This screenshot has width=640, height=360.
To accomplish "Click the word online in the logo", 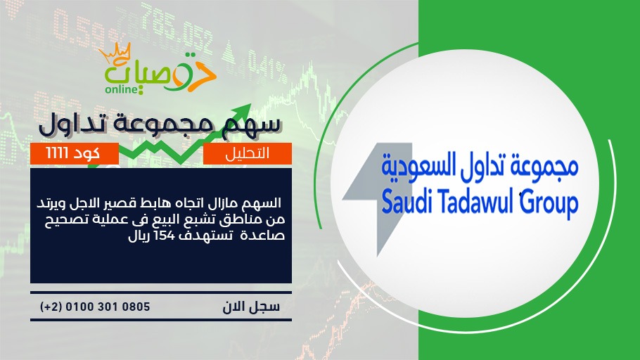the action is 122,89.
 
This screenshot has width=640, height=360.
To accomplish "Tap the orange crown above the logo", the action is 115,53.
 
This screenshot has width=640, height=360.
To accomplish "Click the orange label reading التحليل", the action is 248,153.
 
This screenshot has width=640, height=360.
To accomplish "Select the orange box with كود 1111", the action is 75,153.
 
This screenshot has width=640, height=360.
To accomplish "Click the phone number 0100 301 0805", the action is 108,307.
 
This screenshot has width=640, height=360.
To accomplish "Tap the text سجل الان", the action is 251,307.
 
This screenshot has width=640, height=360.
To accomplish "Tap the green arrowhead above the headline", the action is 242,112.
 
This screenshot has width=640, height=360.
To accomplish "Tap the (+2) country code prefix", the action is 51,307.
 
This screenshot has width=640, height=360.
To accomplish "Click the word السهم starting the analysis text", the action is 264,203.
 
